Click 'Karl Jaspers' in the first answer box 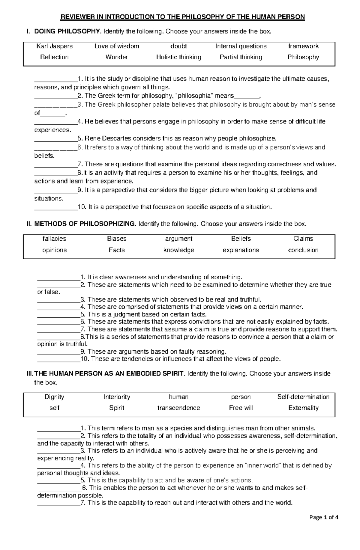(54, 46)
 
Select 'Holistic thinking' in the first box (178, 57)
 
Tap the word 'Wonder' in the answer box (117, 57)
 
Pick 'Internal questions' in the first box (241, 46)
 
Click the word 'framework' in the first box (303, 46)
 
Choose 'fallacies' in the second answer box (54, 239)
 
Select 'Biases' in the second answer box (117, 239)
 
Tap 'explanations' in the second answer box (241, 250)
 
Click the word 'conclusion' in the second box (303, 250)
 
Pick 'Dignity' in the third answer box (54, 397)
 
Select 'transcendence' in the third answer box (178, 408)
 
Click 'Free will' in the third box (241, 408)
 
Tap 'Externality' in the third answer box (303, 408)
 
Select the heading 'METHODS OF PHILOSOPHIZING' (85, 224)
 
